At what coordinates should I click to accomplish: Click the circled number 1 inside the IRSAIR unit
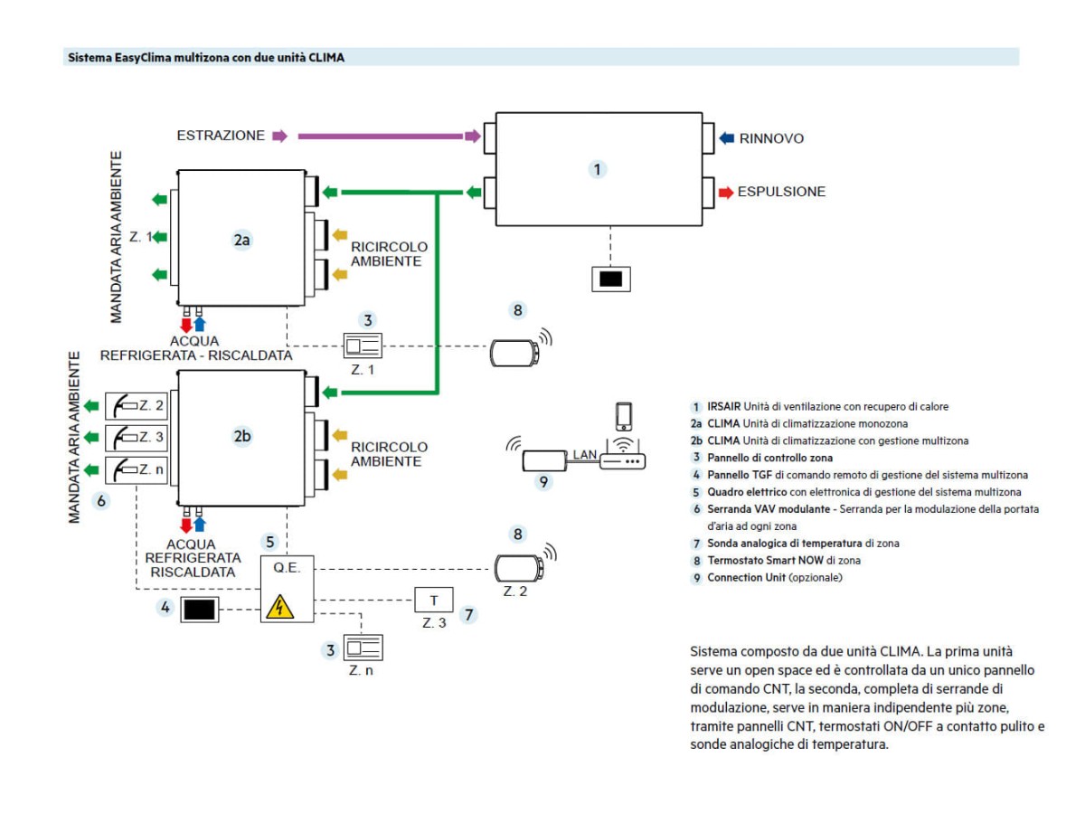pyautogui.click(x=597, y=168)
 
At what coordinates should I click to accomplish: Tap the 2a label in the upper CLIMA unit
pyautogui.click(x=241, y=241)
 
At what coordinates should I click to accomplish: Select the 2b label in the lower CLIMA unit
pyautogui.click(x=241, y=435)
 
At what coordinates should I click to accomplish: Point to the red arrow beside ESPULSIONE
pyautogui.click(x=726, y=192)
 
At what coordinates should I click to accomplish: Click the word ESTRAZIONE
pyautogui.click(x=221, y=136)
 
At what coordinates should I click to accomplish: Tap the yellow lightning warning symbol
pyautogui.click(x=280, y=606)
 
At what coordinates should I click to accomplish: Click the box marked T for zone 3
pyautogui.click(x=434, y=601)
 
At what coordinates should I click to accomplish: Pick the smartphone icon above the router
pyautogui.click(x=623, y=416)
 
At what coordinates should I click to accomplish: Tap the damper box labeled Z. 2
pyautogui.click(x=137, y=405)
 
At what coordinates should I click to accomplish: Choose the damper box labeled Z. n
pyautogui.click(x=137, y=470)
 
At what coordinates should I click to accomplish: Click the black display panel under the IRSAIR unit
pyautogui.click(x=611, y=279)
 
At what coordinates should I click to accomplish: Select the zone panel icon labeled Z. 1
pyautogui.click(x=363, y=346)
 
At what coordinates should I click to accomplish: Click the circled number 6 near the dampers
pyautogui.click(x=102, y=499)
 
